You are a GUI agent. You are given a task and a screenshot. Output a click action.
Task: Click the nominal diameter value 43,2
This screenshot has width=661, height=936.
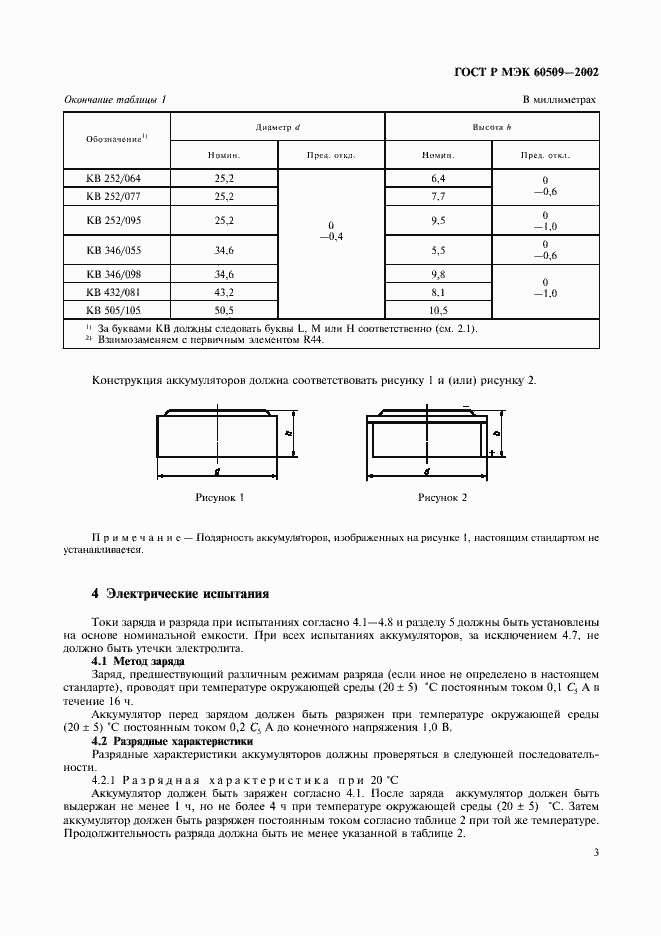coord(224,291)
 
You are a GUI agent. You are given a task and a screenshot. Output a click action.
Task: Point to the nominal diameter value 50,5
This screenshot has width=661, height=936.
coord(224,309)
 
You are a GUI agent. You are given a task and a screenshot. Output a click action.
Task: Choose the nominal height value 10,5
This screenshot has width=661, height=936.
coord(438,309)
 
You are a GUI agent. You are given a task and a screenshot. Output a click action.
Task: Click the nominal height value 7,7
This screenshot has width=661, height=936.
coord(438,195)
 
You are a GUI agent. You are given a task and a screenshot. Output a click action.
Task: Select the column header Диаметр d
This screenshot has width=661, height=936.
coord(278,128)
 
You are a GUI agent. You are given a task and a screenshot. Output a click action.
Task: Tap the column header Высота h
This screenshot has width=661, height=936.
coord(492,128)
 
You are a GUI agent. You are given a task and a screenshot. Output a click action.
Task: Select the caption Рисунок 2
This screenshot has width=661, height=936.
coord(442,496)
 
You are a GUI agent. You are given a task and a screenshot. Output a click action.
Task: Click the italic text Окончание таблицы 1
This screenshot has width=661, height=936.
coord(115,100)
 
